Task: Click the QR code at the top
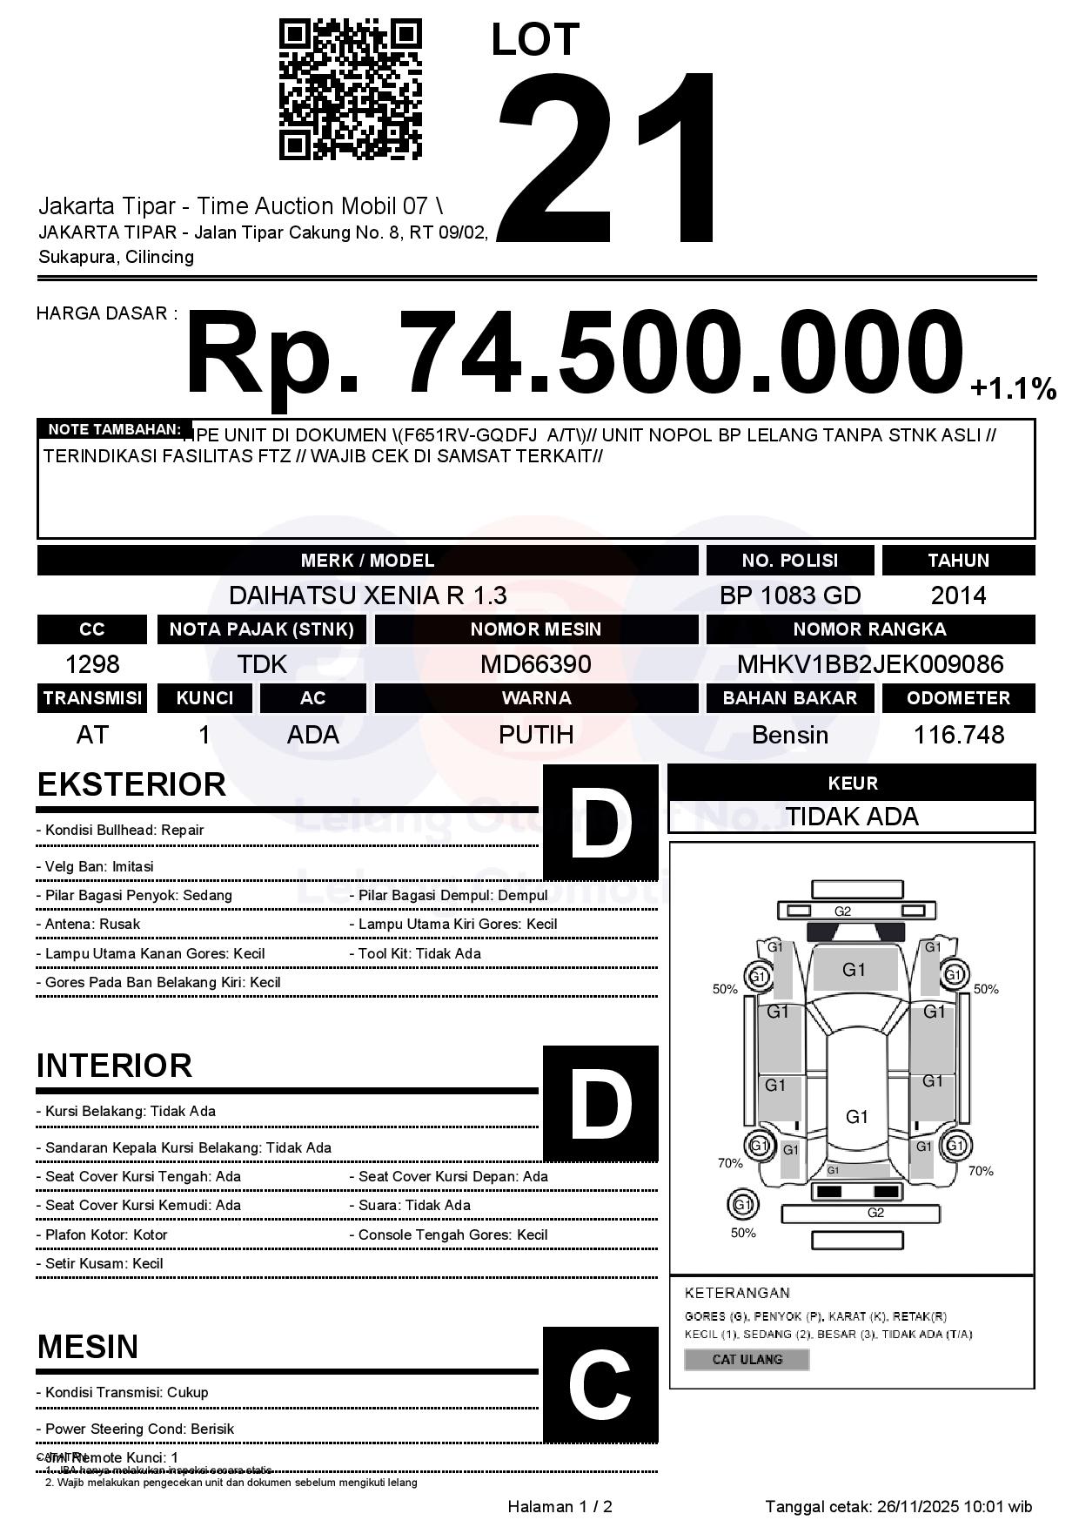point(350,90)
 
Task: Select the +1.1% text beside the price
point(1013,389)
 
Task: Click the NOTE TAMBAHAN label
point(114,429)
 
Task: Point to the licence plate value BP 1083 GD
point(790,595)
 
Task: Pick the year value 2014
point(958,595)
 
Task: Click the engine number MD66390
point(536,664)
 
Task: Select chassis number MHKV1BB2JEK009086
point(870,664)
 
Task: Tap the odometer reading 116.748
point(958,735)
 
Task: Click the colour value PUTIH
point(536,735)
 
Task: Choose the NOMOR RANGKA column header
point(870,629)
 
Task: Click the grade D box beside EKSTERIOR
point(600,822)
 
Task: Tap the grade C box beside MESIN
point(600,1385)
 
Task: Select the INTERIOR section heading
point(114,1066)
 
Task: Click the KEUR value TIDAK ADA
point(852,817)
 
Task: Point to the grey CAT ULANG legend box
point(747,1359)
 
